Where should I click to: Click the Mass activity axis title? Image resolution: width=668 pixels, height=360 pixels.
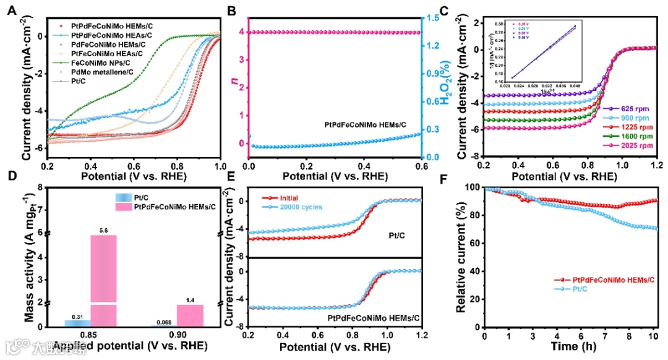click(29, 260)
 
